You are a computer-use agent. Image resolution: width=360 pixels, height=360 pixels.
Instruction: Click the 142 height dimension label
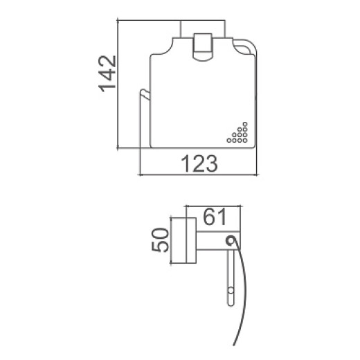tap(107, 73)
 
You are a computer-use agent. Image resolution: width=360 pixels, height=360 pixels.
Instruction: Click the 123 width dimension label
tap(199, 163)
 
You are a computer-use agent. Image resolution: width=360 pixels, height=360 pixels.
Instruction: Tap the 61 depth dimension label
tap(215, 217)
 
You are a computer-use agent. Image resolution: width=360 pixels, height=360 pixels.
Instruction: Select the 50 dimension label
tap(160, 240)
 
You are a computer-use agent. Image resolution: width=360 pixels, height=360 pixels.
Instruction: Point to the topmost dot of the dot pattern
tap(245, 124)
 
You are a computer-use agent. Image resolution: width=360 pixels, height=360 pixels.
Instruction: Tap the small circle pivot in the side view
tap(230, 240)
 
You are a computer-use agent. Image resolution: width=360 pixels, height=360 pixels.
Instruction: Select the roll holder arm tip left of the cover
tap(144, 93)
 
